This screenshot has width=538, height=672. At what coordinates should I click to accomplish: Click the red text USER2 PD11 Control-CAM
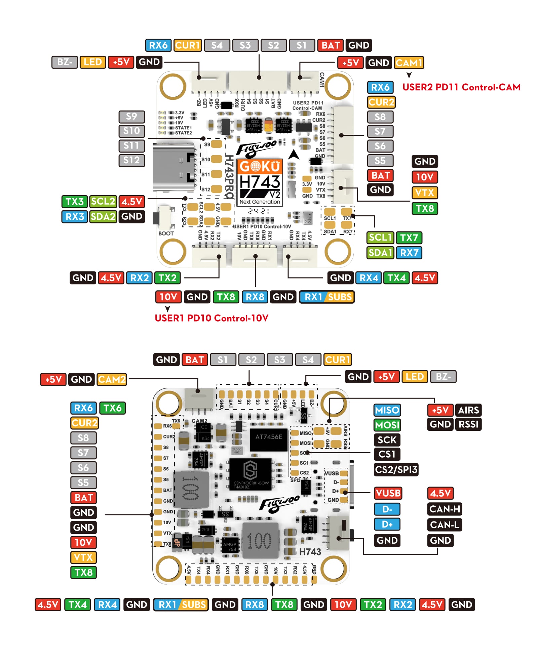point(461,87)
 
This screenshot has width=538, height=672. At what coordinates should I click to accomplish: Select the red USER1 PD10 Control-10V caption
point(212,318)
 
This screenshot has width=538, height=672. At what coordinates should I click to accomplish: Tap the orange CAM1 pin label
point(409,62)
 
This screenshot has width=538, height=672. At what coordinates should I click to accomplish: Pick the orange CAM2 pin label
point(112,379)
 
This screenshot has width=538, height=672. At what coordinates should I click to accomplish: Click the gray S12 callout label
point(131,160)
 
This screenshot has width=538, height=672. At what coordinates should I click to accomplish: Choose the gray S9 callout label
point(131,116)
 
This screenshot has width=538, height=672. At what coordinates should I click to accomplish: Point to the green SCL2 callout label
point(103,202)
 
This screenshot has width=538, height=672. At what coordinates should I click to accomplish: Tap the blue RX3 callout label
point(75,217)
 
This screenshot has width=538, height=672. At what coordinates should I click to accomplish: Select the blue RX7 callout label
point(409,253)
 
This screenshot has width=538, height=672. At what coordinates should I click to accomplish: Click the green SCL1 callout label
point(380,238)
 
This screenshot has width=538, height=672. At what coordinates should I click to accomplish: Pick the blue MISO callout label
point(387,410)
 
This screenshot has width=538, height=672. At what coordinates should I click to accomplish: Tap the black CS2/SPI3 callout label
point(396,469)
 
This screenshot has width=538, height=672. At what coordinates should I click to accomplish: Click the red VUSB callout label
point(388,493)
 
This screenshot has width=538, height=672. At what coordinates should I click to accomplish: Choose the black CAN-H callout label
point(445,509)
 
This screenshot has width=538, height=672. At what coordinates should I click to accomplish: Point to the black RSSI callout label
point(468,424)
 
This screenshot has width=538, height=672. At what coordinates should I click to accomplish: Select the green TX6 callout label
point(112,408)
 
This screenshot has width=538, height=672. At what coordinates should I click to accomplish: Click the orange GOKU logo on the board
point(260,167)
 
